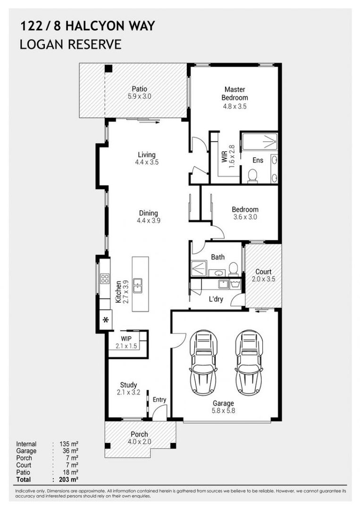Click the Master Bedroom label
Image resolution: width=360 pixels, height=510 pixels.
[x=234, y=93]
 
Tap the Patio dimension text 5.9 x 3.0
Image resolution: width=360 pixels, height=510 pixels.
[x=139, y=96]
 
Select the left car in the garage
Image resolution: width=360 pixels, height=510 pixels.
[x=203, y=363]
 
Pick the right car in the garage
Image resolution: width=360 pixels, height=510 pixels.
[x=249, y=363]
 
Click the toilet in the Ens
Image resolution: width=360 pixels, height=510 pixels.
[x=252, y=176]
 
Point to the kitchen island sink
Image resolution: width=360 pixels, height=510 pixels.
[x=137, y=286]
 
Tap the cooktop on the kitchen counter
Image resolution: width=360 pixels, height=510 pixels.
[x=105, y=279]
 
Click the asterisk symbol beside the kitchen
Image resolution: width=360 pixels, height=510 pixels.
[x=106, y=320]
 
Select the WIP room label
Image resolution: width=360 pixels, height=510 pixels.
[x=126, y=339]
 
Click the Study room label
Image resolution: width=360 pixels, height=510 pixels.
[x=129, y=385]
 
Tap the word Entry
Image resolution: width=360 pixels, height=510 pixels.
[x=159, y=400]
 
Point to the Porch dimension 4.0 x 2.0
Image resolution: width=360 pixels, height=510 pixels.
[x=139, y=442]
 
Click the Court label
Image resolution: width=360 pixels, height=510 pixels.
[x=263, y=272]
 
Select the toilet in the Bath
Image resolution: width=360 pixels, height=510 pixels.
[x=233, y=269]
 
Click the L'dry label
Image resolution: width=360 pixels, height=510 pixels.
[x=216, y=299]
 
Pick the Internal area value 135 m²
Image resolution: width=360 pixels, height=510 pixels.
[x=69, y=444]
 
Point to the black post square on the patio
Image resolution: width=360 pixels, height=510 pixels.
[x=109, y=68]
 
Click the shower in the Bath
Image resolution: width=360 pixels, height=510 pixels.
[x=199, y=269]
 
